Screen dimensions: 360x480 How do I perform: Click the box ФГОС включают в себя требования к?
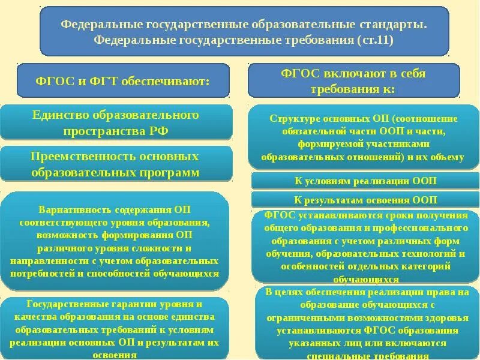coord(353,80)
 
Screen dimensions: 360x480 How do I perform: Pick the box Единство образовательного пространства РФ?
coord(116,122)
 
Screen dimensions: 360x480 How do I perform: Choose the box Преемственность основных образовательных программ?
coord(116,164)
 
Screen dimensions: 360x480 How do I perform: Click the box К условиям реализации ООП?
coord(365,181)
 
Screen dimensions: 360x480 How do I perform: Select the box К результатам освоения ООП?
coord(365,200)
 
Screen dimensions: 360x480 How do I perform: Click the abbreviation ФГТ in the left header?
coord(88,81)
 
